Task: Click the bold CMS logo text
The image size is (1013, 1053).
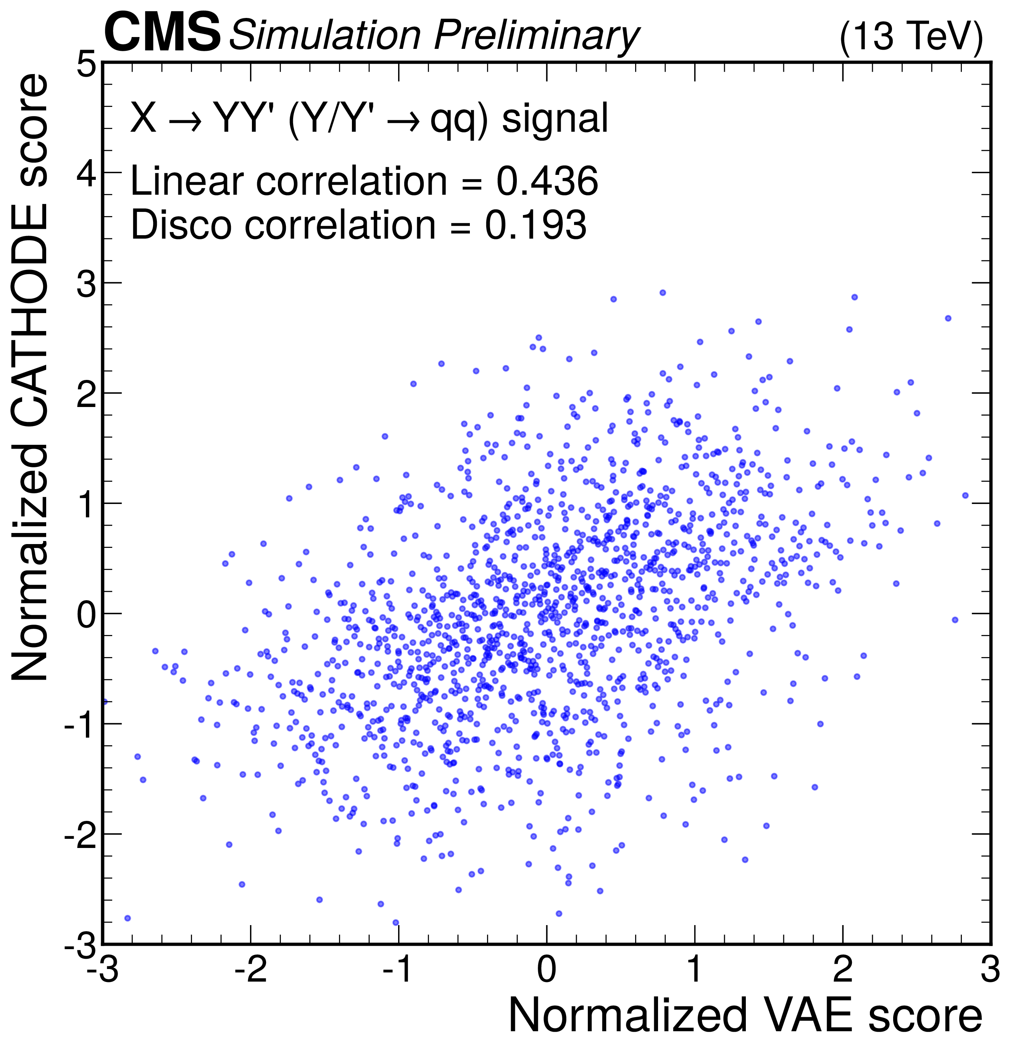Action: click(x=162, y=33)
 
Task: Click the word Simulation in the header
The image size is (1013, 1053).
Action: click(x=325, y=36)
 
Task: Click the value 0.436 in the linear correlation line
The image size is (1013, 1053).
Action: click(x=547, y=181)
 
